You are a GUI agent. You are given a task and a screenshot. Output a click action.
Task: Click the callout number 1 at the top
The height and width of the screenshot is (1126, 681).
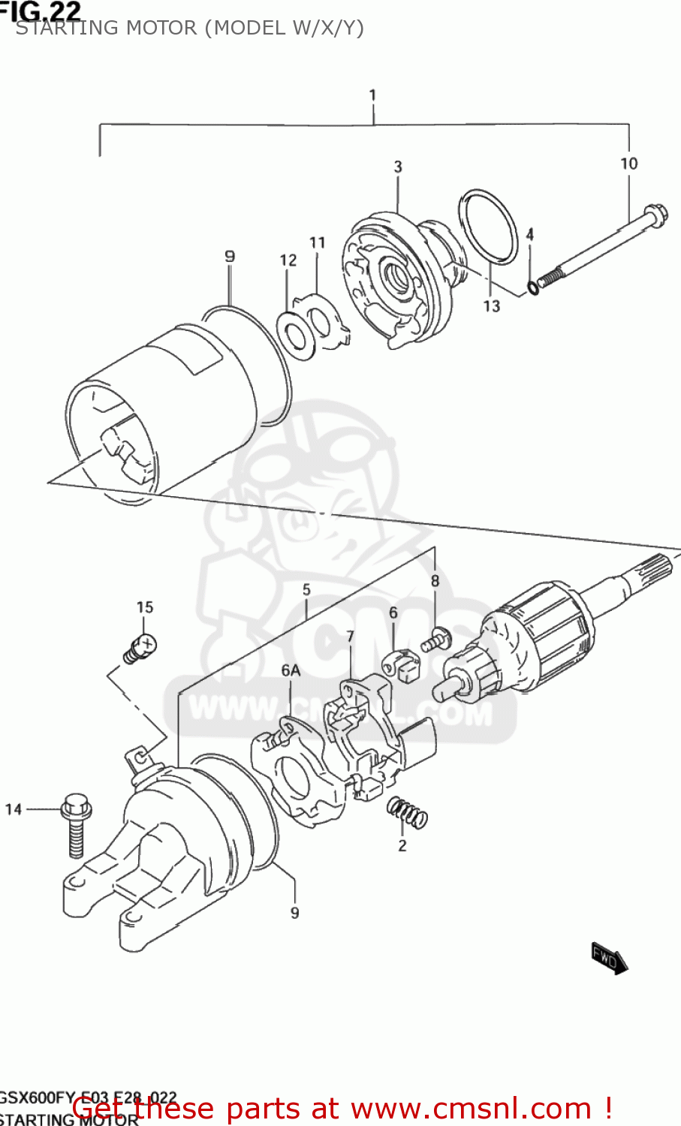(372, 95)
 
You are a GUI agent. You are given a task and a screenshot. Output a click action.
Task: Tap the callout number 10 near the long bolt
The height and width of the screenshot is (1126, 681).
(628, 164)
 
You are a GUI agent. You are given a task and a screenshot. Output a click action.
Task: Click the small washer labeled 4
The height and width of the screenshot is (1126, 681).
(533, 287)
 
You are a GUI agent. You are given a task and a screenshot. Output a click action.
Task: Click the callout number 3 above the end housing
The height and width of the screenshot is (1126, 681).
(398, 167)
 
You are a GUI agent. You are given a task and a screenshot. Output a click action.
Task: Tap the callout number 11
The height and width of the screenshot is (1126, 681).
(317, 242)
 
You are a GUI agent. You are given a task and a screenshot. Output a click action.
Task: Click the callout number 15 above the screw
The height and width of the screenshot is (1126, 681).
(144, 607)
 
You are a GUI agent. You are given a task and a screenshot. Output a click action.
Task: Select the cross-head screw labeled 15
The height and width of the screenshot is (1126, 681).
(140, 646)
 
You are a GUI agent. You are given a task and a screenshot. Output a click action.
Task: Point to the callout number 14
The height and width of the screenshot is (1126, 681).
(14, 809)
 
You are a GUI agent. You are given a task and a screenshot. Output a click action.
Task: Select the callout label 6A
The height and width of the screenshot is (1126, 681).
(291, 670)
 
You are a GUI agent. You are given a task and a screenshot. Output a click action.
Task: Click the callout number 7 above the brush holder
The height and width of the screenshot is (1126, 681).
(350, 637)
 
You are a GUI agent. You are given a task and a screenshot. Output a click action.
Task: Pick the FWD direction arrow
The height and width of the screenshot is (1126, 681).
(609, 958)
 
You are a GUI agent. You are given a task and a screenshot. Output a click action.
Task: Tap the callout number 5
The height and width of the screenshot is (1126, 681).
(306, 590)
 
